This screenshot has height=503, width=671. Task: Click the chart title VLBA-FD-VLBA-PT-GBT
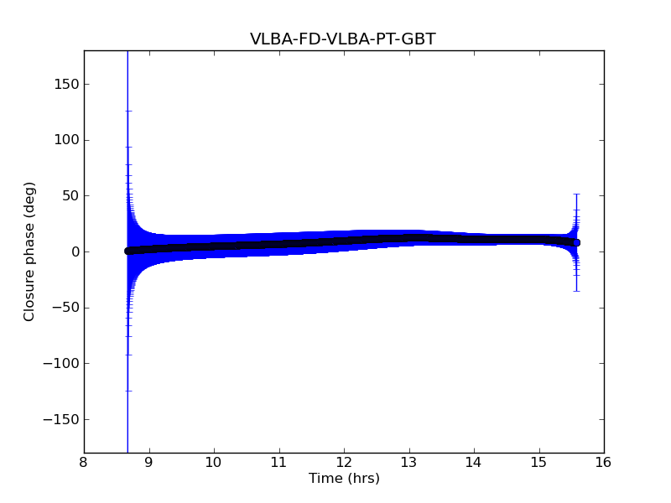point(343,39)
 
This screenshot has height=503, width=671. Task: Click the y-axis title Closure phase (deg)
point(30,251)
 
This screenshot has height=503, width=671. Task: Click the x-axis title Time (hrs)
point(344,479)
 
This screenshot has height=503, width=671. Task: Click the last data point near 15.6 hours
point(576,242)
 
